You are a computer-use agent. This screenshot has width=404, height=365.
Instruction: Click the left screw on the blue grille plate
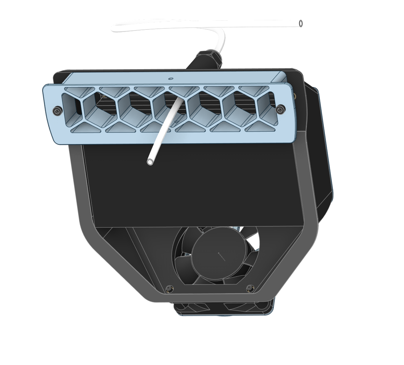coord(57,111)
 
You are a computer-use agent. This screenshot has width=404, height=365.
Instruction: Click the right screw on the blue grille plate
coord(280,109)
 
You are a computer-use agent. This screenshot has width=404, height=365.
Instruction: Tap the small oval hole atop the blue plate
coord(171,78)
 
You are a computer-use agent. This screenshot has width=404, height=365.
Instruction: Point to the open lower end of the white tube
coord(150,162)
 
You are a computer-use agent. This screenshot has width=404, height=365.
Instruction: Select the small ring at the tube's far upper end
coord(301,24)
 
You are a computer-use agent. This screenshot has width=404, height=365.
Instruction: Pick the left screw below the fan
coord(169,288)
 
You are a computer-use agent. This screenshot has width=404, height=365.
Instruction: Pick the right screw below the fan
coord(250,288)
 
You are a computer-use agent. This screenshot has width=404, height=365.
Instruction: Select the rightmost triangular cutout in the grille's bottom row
coord(260,127)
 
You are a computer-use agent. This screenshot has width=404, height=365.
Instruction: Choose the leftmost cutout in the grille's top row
coord(79,90)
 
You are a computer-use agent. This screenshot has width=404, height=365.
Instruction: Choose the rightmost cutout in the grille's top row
coord(253,89)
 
